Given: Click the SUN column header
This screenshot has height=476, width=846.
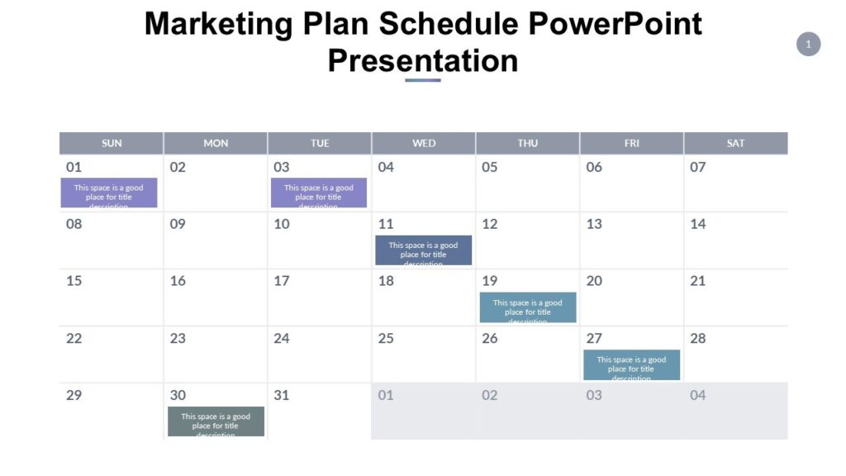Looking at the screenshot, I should coord(112,143).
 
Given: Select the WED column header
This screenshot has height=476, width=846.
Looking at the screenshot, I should coord(424,143).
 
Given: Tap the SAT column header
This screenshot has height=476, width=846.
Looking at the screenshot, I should coord(735,143).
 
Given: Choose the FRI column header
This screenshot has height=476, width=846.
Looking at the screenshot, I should coord(632,143).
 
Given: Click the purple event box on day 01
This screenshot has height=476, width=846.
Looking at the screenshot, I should coord(109,193).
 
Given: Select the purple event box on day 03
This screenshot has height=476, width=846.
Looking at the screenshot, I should coord(319,193).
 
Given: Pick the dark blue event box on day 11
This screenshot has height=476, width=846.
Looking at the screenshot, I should coord(423,250).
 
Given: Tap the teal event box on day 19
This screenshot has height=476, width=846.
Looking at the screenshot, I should coord(527,307).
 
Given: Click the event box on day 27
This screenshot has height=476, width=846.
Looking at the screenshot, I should coord(631,364).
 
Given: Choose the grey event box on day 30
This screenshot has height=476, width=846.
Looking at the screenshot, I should coord(216,421).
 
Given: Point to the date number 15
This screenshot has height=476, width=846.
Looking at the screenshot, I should coord(74,281).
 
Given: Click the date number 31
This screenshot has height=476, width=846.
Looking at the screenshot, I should coord(282,395).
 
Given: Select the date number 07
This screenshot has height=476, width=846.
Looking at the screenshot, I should coord(698,167).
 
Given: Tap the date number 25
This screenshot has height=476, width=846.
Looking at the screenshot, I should coord(386,338).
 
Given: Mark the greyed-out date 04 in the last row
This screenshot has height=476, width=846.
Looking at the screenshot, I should coord(698,395).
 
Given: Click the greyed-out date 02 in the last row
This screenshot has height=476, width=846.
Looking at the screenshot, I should coord(490,395).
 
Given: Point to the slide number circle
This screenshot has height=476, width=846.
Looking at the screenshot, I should coord(808,44).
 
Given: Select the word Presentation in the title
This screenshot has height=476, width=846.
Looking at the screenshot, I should coord(423,60).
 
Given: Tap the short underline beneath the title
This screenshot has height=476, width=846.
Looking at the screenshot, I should coord(423,80).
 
